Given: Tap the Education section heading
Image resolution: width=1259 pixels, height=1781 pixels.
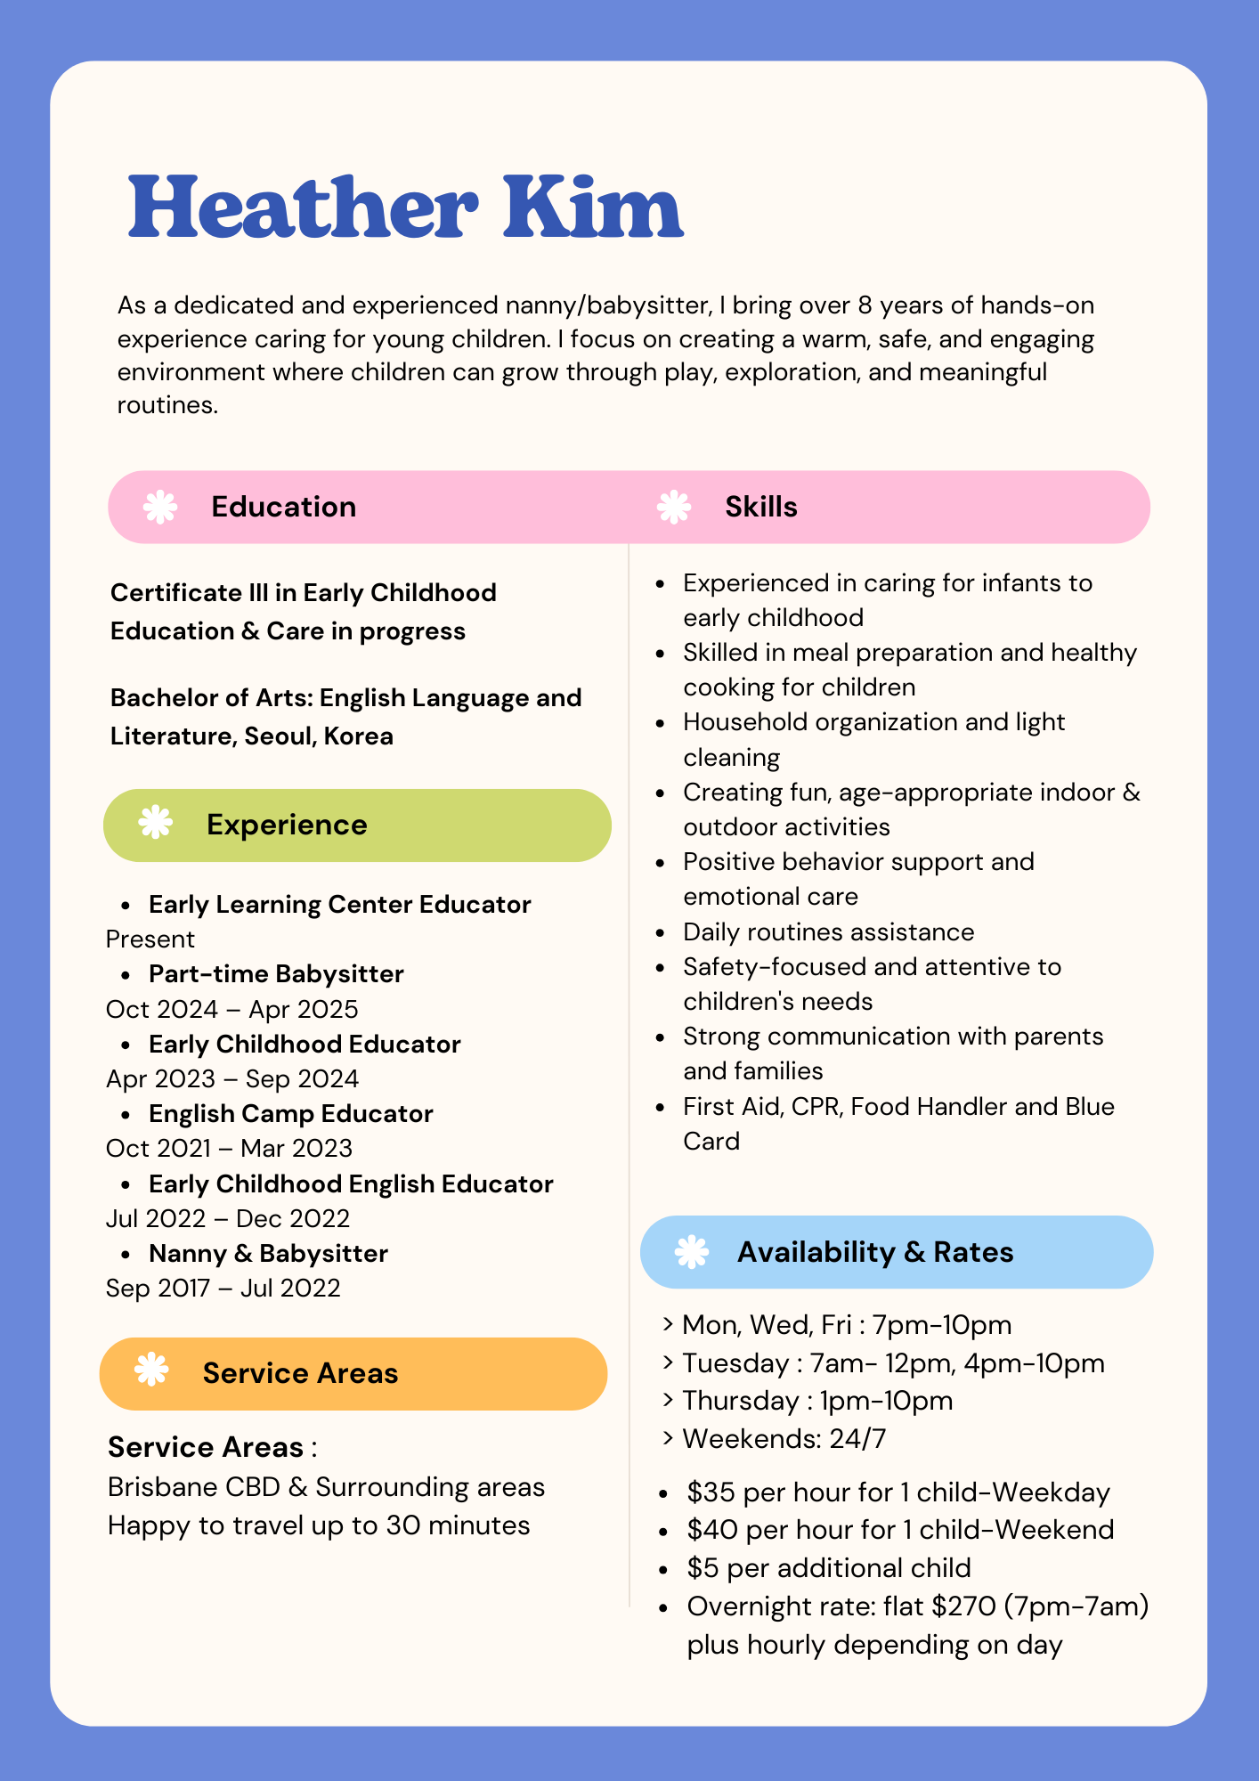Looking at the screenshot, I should click(x=283, y=507).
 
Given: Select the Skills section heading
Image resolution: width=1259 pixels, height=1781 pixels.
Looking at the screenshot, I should click(x=760, y=507).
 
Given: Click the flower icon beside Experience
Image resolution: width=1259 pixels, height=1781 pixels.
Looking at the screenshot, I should click(x=156, y=823).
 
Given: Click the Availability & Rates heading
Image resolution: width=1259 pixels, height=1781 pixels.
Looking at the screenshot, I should click(x=874, y=1252).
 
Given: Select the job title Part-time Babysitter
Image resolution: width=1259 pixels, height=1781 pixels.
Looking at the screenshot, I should click(x=276, y=974).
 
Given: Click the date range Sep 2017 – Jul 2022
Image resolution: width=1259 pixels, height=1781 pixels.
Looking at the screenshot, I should click(x=223, y=1289).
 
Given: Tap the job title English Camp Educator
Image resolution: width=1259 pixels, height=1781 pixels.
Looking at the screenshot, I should click(x=290, y=1114).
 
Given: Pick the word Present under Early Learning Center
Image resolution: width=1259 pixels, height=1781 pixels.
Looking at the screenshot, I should click(x=150, y=939).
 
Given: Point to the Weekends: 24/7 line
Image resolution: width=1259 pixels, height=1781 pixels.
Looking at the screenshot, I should click(x=784, y=1439).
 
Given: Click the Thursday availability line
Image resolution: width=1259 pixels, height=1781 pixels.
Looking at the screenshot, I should click(x=816, y=1401).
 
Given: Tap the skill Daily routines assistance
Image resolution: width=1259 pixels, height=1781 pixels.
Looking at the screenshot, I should click(x=828, y=932).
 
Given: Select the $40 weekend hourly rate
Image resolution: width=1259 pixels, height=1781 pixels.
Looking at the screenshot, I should click(x=712, y=1530).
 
